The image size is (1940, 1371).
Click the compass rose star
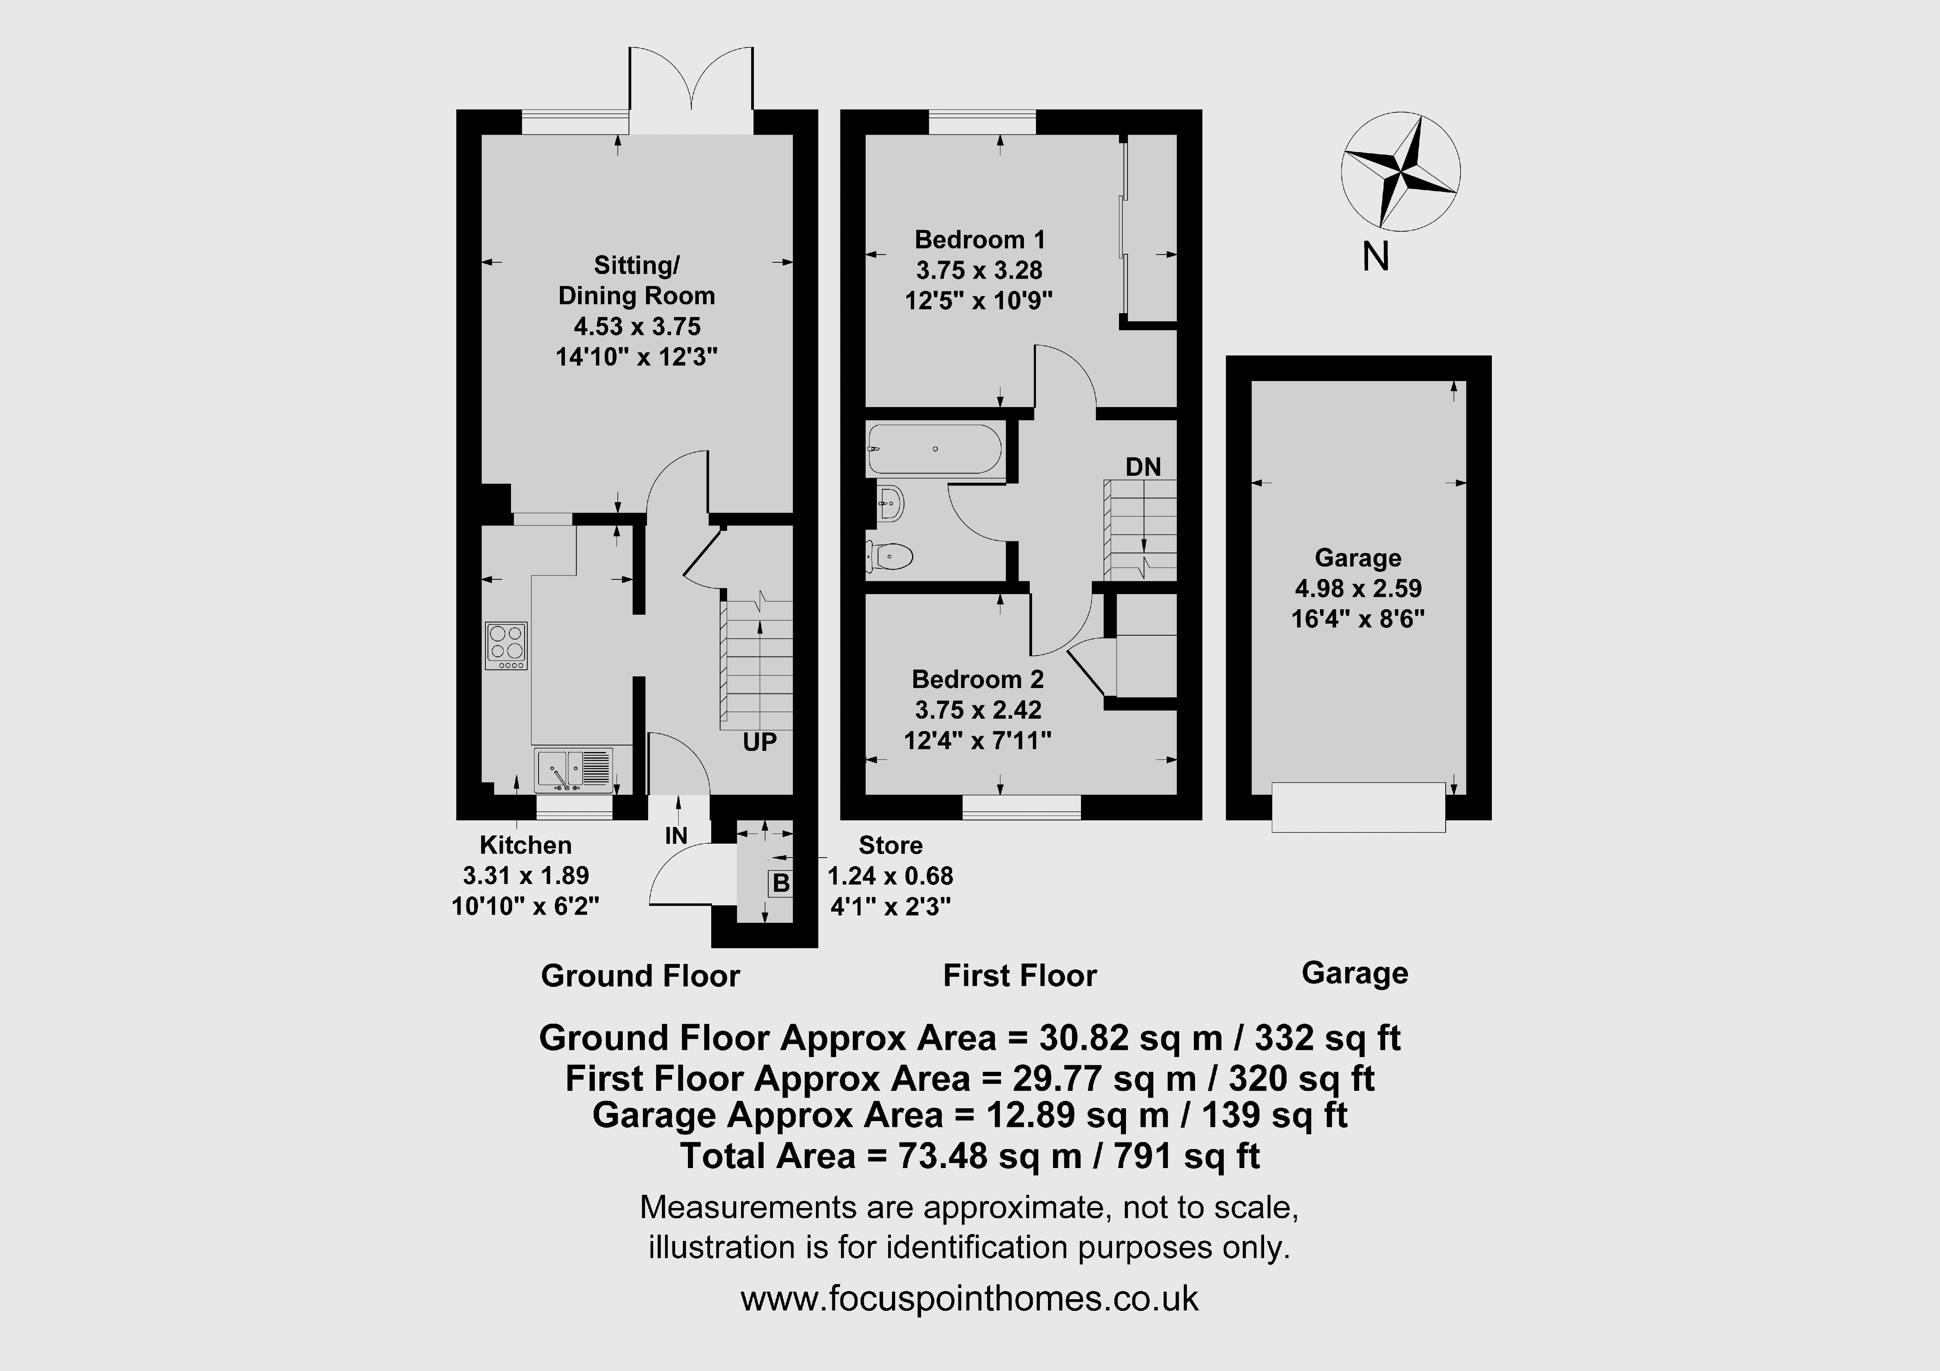click(1401, 173)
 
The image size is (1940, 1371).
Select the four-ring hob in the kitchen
click(506, 646)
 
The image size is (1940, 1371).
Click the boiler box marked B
click(781, 883)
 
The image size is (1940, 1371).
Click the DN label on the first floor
click(1143, 466)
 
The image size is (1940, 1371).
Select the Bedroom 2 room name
click(978, 679)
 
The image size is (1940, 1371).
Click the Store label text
click(890, 845)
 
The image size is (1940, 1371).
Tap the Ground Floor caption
click(641, 976)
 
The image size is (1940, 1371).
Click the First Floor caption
click(1020, 976)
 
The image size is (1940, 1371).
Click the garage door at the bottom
click(1359, 807)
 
